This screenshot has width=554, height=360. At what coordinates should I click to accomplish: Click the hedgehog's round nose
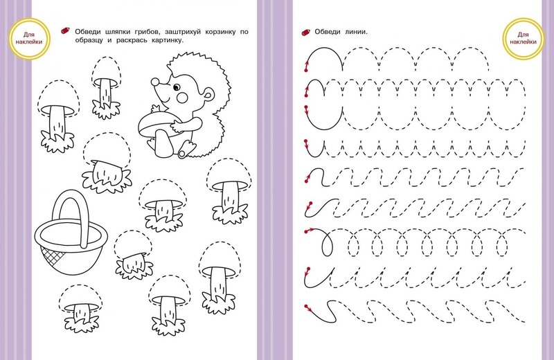(154, 82)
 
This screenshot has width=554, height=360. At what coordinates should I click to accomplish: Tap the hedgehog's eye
(177, 87)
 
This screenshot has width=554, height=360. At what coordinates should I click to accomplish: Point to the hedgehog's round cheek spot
(183, 97)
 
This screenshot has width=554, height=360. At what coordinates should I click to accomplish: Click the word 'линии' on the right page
(356, 32)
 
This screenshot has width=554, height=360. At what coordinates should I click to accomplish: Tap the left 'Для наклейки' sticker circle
(29, 39)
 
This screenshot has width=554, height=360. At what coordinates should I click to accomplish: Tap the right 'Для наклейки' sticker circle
(523, 39)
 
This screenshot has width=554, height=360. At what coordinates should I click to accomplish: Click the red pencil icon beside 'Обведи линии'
(305, 32)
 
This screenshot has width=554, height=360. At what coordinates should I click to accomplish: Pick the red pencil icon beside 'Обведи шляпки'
(65, 30)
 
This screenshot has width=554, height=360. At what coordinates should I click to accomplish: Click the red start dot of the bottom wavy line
(306, 305)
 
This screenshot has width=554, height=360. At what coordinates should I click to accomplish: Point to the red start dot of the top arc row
(305, 71)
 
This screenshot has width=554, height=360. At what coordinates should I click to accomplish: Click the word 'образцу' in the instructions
(89, 40)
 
